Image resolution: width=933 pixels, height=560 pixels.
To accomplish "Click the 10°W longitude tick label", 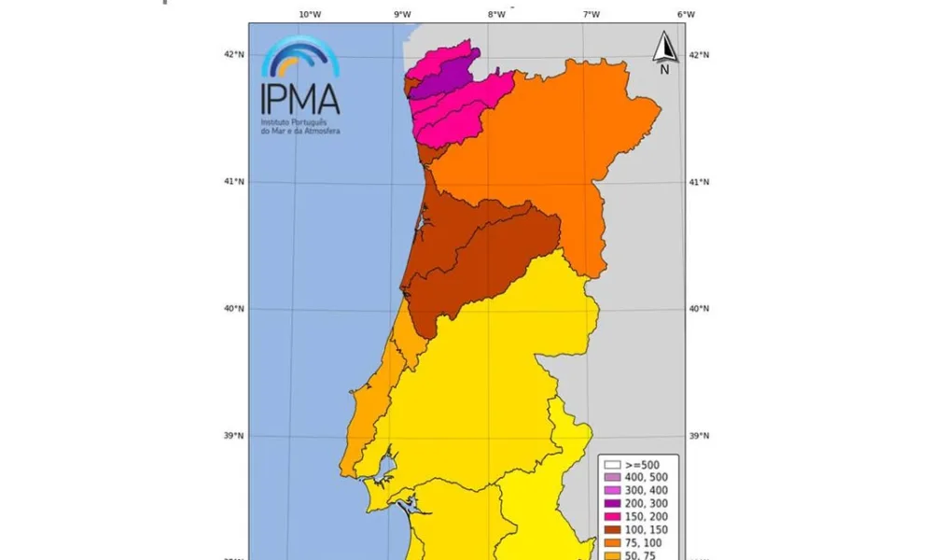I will [x=310, y=14].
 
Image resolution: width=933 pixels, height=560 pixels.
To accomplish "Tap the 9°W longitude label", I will [x=402, y=14].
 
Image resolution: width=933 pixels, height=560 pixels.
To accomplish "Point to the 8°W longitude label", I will [x=496, y=14].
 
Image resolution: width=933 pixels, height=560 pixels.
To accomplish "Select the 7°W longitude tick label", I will [x=591, y=14].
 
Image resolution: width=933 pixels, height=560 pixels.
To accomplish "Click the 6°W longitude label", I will [x=686, y=14].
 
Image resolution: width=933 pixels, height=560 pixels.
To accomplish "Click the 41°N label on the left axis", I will [x=232, y=181].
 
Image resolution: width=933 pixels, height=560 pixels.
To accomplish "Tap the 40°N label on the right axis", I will [x=698, y=309].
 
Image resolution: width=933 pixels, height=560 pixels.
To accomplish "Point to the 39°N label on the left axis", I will [x=232, y=436].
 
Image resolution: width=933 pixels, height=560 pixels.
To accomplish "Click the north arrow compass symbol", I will [x=664, y=46].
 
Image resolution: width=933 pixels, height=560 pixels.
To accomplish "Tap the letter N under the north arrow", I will [x=664, y=69].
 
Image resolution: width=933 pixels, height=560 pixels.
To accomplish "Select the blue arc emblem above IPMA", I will [x=300, y=57].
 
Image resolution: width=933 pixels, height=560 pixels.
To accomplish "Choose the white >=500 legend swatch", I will [x=612, y=464].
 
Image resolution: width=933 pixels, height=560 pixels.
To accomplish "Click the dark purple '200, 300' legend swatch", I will [x=612, y=503].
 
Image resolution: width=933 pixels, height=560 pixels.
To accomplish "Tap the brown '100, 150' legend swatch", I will [x=612, y=529].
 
